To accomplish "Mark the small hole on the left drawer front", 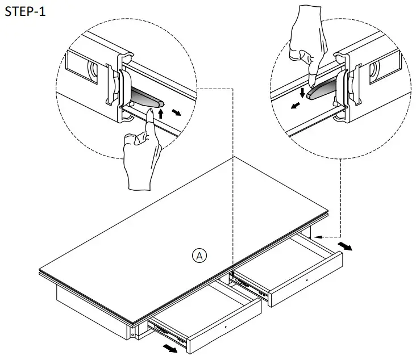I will pos(226,327).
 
